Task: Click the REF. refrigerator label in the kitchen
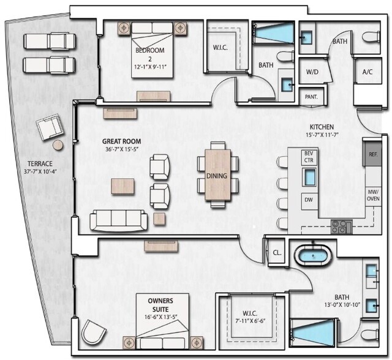[372, 154]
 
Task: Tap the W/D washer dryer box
[312, 72]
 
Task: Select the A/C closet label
[367, 72]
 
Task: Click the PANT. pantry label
[311, 97]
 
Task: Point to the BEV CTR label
[308, 156]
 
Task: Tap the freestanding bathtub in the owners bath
[312, 254]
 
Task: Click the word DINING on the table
[217, 176]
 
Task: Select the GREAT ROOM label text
[121, 145]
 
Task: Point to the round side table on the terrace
[58, 145]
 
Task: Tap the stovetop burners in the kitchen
[341, 227]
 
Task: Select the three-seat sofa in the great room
[119, 220]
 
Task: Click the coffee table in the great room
[123, 186]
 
